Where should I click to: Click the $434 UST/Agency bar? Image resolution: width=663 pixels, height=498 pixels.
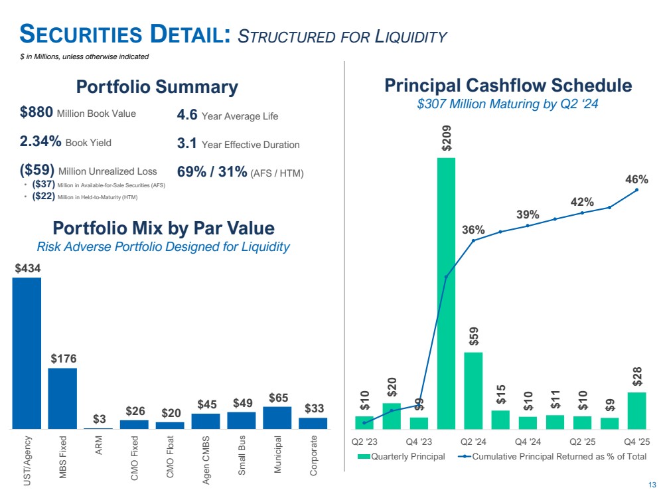point(27,352)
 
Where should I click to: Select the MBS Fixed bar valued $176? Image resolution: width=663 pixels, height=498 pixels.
point(62,398)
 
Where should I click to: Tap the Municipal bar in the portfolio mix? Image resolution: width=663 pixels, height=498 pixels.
point(277,417)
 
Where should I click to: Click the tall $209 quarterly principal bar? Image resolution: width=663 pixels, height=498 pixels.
point(446,292)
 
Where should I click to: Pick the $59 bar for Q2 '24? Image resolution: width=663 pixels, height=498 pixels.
point(473,390)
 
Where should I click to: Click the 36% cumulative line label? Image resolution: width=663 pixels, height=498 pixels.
point(473,230)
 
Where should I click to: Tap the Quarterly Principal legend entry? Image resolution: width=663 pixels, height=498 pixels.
point(402,456)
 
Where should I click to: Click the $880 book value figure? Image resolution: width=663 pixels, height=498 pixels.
point(37,114)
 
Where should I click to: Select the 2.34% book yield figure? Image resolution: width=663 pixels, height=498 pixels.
point(40,141)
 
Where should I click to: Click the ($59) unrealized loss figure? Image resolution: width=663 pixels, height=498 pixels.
point(37,171)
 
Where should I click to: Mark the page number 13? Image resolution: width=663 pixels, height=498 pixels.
point(652,484)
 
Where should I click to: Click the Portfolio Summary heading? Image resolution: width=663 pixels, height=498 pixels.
point(157,87)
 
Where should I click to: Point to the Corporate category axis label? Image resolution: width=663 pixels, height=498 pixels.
point(313,456)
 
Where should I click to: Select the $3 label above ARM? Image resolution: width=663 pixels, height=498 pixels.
point(98,419)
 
